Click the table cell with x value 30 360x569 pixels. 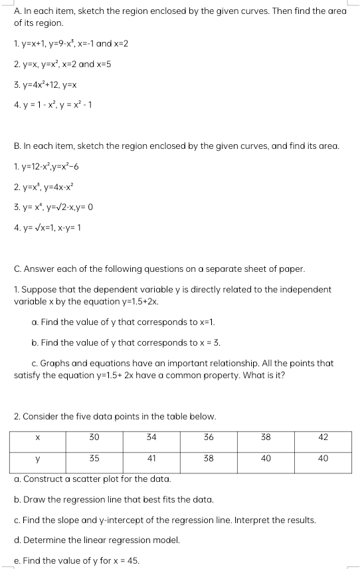tap(94, 438)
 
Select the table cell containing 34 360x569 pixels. tap(151, 438)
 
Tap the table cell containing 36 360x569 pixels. tap(209, 438)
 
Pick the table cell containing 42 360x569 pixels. tap(323, 438)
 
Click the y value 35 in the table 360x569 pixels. tap(94, 458)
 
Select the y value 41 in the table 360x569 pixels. tap(151, 458)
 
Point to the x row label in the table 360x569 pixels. tap(38, 438)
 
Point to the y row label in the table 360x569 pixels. tap(38, 458)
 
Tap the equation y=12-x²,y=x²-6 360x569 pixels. tap(54, 166)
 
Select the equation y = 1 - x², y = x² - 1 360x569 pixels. tap(55, 104)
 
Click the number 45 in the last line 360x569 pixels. tap(133, 561)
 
